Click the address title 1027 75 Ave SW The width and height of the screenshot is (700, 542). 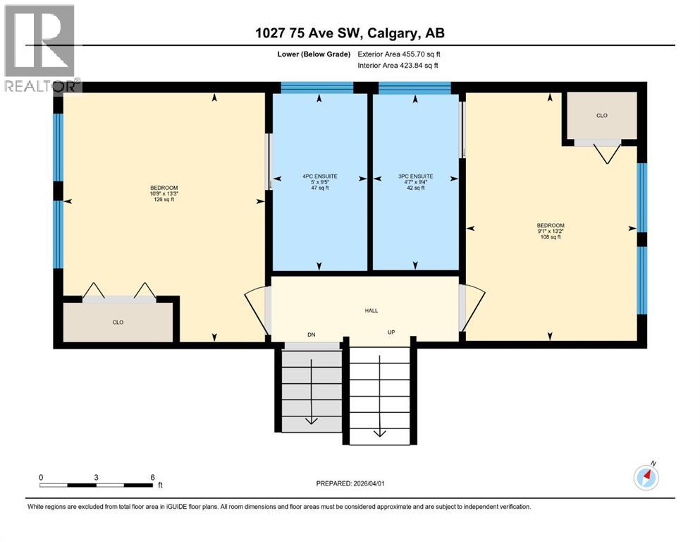pos(350,33)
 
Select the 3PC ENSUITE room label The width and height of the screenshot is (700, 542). pos(415,176)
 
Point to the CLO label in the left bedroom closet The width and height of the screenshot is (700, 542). pos(118,322)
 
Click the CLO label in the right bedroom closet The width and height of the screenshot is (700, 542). pos(601,115)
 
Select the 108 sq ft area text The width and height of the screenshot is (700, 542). pos(550,237)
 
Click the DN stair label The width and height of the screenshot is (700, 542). pos(311,335)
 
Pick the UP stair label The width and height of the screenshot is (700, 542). pos(391,332)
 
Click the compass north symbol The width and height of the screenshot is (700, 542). pos(646,477)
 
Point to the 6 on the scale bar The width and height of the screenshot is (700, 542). pos(152,477)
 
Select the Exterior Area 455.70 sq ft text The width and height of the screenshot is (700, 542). pos(400,54)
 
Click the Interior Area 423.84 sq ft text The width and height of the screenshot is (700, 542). pos(398,65)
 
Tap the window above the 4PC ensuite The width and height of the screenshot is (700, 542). pos(317,88)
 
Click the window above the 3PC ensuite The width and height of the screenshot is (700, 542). pos(415,88)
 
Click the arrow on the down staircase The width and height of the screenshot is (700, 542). pos(309,421)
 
